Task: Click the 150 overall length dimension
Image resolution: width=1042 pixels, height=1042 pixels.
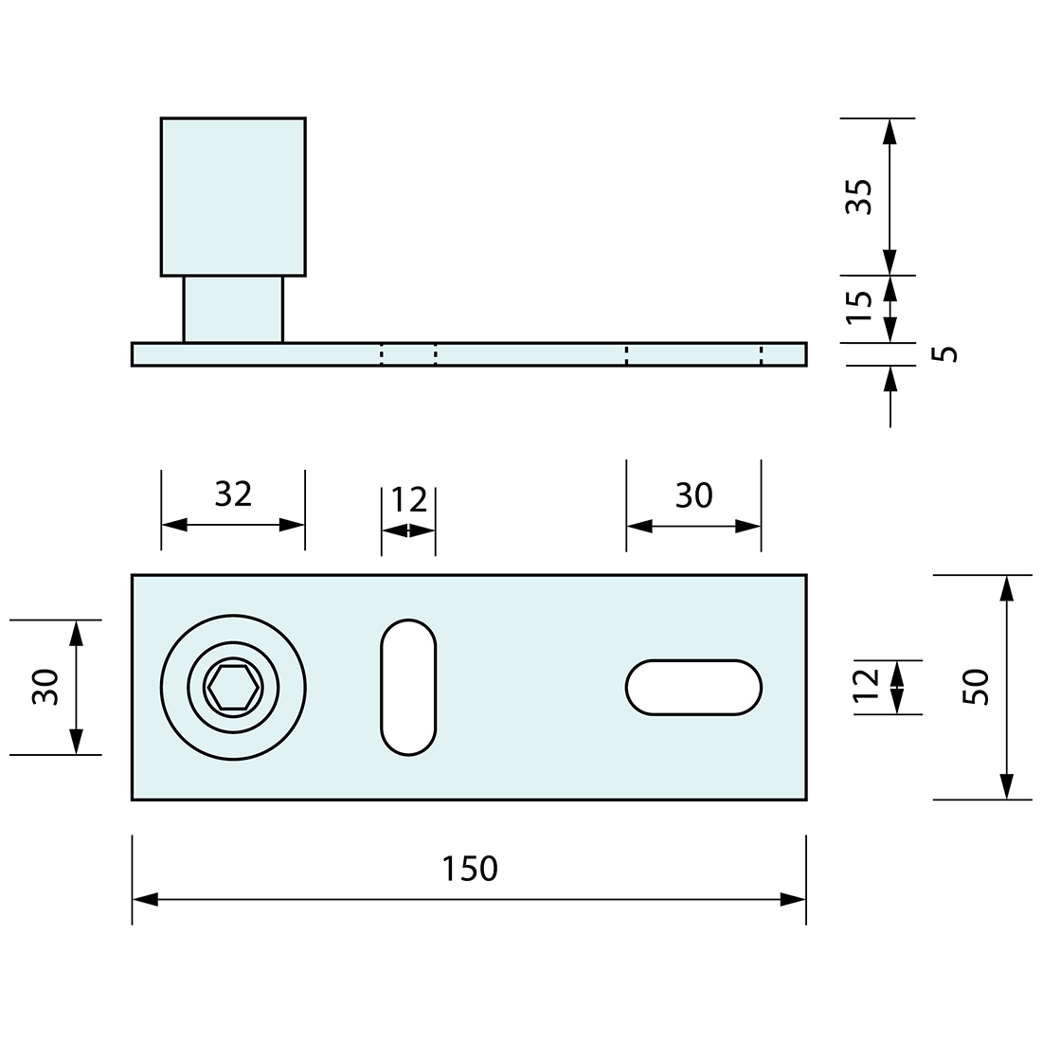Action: click(x=470, y=868)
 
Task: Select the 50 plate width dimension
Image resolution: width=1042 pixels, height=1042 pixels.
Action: click(x=977, y=686)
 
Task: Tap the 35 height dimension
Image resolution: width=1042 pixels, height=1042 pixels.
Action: click(x=858, y=196)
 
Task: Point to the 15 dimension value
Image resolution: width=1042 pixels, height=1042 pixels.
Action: click(x=858, y=307)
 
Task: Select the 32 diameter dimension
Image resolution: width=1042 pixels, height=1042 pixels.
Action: click(x=233, y=494)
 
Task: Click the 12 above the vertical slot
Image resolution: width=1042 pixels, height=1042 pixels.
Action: click(x=409, y=499)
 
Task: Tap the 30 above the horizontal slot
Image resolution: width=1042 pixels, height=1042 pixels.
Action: click(x=693, y=494)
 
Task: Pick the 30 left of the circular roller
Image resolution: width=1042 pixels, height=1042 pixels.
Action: click(x=45, y=686)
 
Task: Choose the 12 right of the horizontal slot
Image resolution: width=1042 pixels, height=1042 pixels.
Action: click(x=866, y=686)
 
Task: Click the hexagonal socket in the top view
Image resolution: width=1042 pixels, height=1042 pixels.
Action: click(x=233, y=687)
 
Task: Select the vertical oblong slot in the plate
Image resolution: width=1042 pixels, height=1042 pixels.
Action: click(x=408, y=687)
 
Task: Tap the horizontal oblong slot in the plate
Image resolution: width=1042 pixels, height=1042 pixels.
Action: click(x=693, y=687)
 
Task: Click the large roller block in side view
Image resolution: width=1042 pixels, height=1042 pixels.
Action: click(x=233, y=196)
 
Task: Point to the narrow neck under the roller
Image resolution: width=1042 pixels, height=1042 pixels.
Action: click(x=233, y=309)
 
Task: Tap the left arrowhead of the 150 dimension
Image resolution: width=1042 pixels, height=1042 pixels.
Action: click(x=144, y=899)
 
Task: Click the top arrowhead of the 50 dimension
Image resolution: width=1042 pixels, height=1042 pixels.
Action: click(x=1006, y=588)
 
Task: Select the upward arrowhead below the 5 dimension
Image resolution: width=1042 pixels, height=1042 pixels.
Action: click(x=889, y=379)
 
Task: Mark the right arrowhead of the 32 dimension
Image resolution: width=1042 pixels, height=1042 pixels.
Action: click(x=293, y=525)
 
